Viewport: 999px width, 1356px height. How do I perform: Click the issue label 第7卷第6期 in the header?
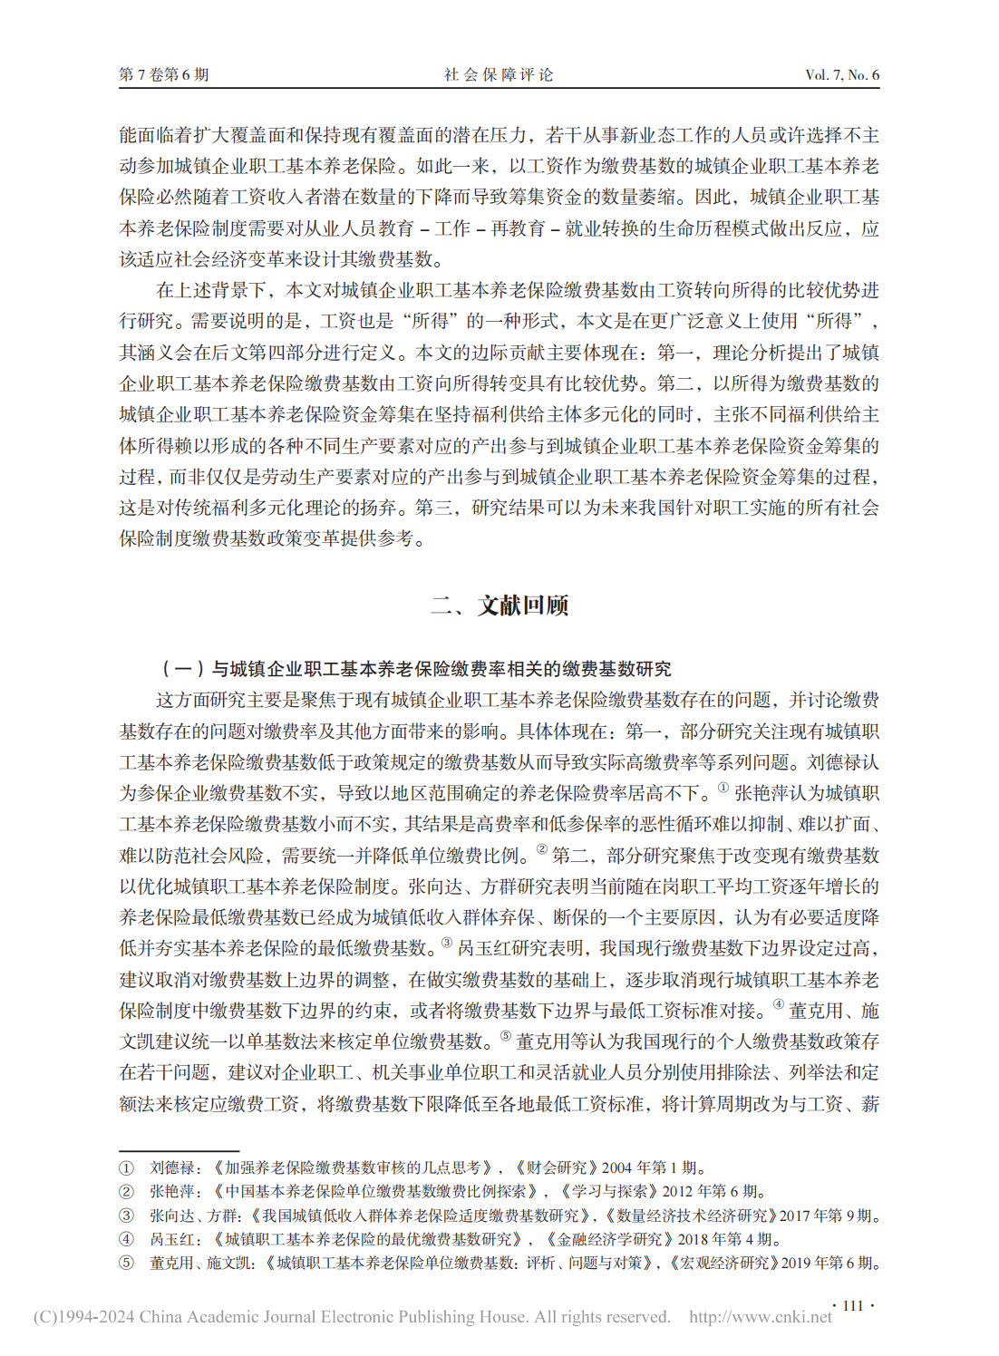pos(164,74)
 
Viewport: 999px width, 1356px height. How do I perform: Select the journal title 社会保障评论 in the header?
pos(499,74)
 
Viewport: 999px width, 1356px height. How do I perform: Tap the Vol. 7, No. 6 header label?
pos(841,74)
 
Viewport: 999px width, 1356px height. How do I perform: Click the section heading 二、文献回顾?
pos(499,605)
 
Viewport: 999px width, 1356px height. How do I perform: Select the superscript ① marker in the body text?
pos(723,788)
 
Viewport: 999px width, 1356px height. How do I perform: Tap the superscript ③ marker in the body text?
pos(446,943)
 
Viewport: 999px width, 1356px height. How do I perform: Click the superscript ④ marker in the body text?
pos(778,1004)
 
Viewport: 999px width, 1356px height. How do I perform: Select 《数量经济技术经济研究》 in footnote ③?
pos(691,1216)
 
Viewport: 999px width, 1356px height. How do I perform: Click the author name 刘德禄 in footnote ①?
pos(172,1167)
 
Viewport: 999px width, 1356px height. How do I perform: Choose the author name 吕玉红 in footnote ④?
pos(172,1239)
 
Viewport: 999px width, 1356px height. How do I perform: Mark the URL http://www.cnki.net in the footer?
pos(760,1317)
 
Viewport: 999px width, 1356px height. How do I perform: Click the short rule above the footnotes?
pos(179,1150)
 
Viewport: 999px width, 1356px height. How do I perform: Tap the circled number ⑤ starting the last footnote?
pos(126,1263)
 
